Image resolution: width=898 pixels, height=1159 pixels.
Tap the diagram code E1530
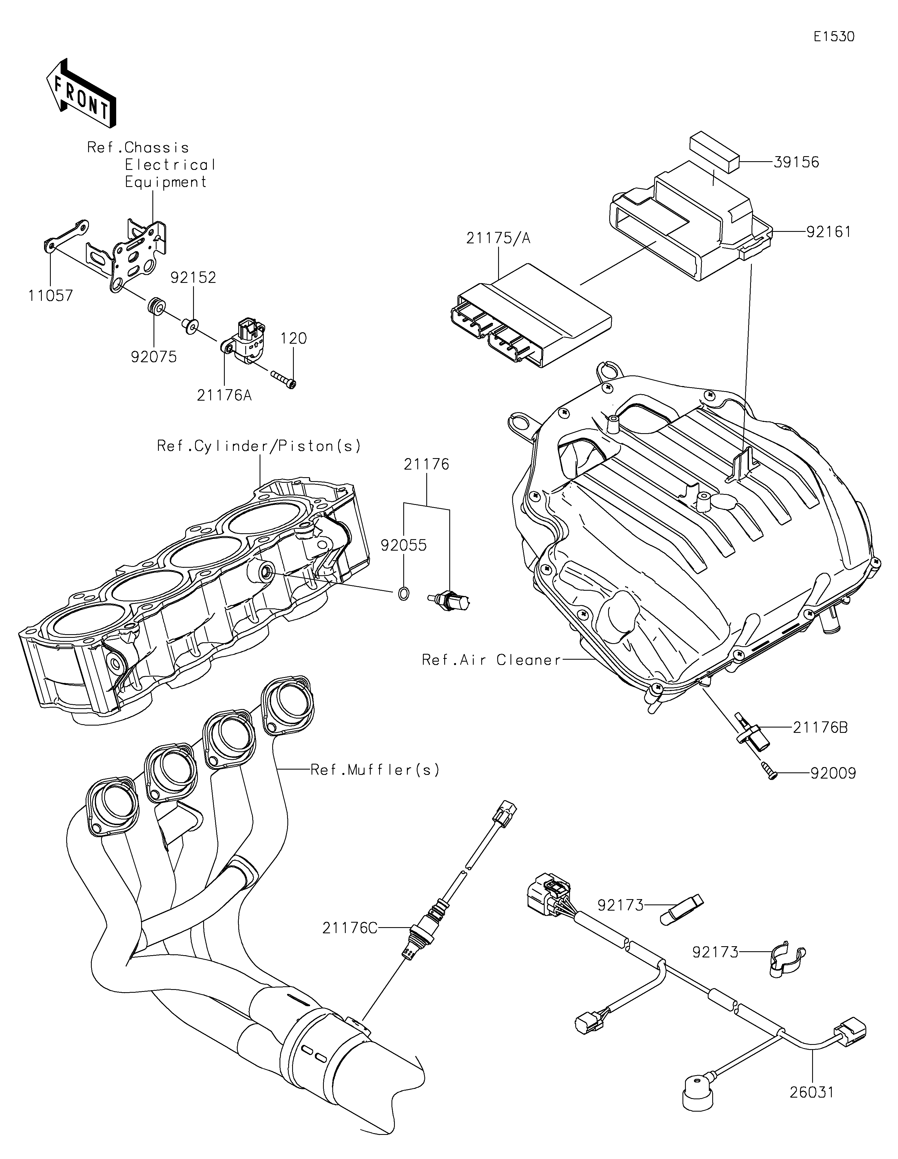[x=834, y=37]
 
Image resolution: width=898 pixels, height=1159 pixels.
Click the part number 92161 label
[x=828, y=232]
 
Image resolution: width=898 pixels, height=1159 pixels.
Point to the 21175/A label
[x=498, y=238]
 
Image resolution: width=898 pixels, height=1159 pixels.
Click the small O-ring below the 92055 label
[x=403, y=593]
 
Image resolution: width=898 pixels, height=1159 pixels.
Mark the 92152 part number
[x=193, y=278]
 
